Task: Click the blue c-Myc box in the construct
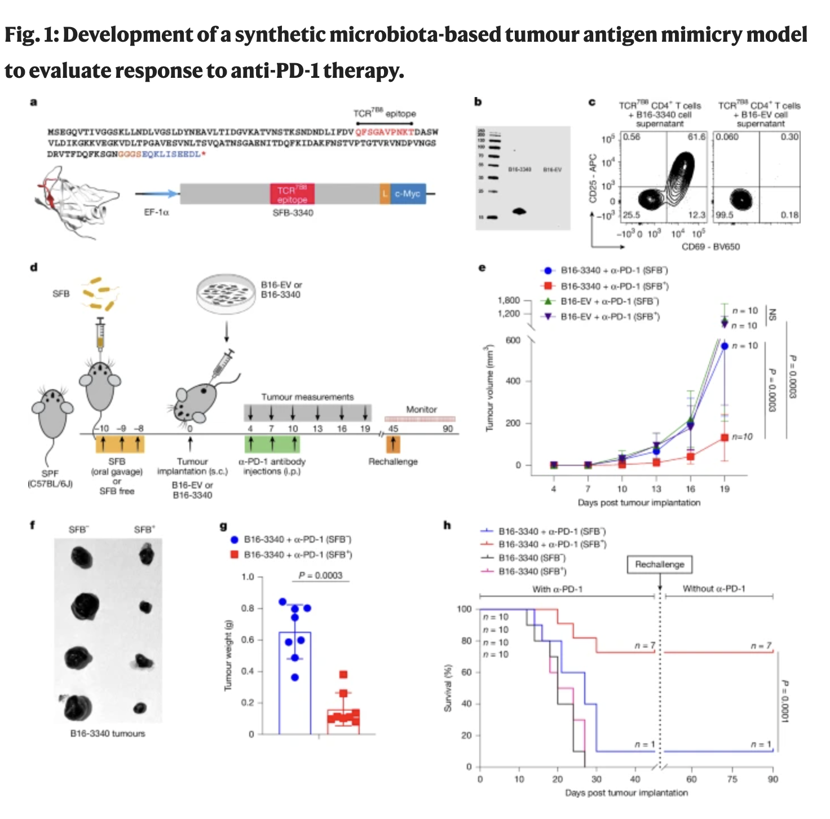[408, 194]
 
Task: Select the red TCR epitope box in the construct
[292, 194]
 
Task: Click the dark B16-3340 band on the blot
[519, 212]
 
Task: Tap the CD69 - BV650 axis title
[710, 246]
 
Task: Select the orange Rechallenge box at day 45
[393, 444]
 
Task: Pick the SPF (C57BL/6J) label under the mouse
[50, 479]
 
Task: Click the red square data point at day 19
[725, 438]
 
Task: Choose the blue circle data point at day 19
[725, 346]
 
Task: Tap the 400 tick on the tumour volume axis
[513, 381]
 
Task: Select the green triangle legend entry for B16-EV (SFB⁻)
[609, 301]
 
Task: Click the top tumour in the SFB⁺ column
[147, 554]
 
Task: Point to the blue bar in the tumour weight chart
[295, 682]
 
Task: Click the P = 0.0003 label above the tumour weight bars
[320, 575]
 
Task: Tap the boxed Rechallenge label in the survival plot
[659, 565]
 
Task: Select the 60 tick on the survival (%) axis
[466, 672]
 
